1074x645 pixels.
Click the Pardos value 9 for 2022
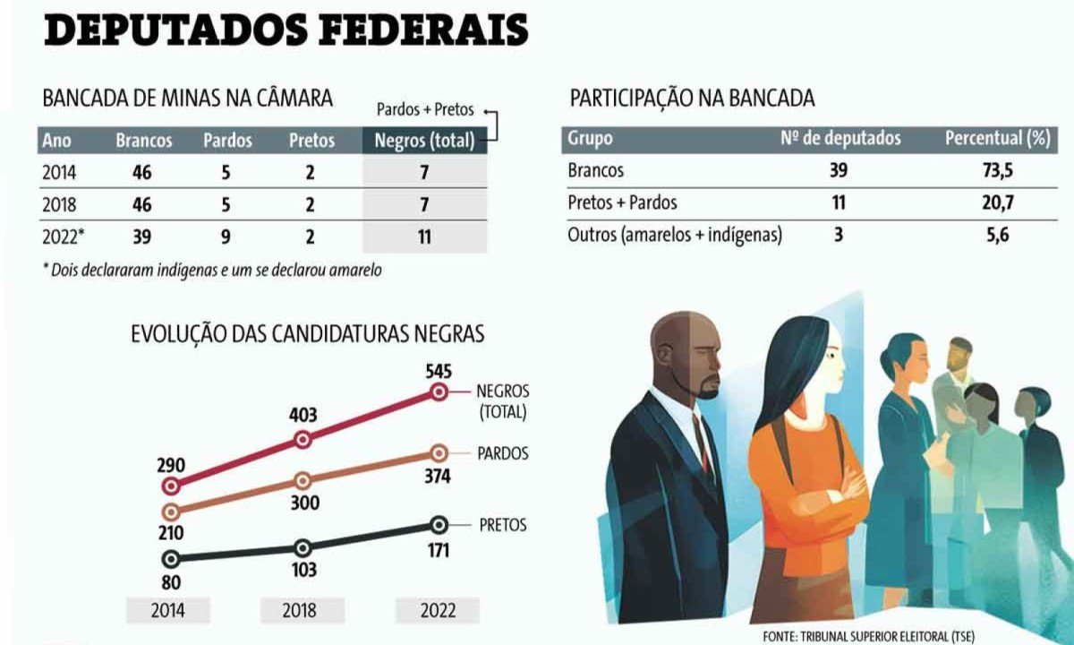226,237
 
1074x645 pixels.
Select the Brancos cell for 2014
141,173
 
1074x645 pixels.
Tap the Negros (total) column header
424,141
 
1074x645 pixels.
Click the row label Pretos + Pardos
622,202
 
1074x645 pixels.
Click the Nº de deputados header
840,139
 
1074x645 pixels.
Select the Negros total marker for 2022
439,391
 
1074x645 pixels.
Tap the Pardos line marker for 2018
303,481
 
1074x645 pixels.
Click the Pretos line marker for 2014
171,558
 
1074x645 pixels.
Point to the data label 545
439,371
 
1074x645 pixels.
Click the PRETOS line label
503,525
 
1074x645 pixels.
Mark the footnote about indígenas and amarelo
212,270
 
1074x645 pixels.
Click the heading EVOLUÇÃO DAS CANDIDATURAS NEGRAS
308,334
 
